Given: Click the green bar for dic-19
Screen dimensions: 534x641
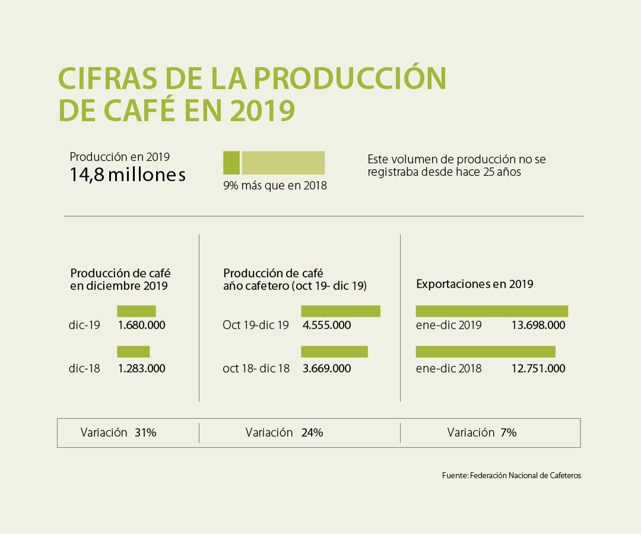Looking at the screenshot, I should pos(136,311).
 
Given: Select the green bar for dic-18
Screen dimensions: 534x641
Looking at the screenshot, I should pos(133,352).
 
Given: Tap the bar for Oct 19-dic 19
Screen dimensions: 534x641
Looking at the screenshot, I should pos(340,311).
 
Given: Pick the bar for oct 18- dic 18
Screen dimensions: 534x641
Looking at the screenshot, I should pos(334,352).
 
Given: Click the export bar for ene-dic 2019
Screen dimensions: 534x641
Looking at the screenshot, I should pos(491,311).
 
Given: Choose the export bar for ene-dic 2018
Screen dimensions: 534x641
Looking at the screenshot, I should pos(485,352).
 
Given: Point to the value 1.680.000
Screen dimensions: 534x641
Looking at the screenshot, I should pos(141,325).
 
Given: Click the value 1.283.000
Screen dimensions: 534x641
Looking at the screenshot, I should pos(141,368).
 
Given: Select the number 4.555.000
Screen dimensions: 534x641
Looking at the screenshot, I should pos(326,325).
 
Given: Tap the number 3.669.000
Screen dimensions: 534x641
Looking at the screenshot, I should pos(326,368).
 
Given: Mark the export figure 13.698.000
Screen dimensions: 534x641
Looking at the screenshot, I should pos(538,325).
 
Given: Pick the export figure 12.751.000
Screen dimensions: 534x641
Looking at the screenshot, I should pos(538,368).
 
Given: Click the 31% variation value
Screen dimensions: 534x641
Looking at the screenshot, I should pos(145,433).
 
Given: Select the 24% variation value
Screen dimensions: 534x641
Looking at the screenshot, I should pos(312,433).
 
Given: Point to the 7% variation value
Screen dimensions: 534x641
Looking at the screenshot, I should pos(509,433).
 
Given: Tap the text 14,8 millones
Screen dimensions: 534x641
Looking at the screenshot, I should pos(128,175).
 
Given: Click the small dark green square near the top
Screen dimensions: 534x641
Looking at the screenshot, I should pos(231,163).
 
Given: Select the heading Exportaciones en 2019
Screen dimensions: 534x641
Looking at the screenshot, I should pos(475,284).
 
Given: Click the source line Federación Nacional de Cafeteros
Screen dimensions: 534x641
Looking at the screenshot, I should pos(512,476).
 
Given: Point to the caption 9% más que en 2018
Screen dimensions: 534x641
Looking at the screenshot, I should pos(275,186).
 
